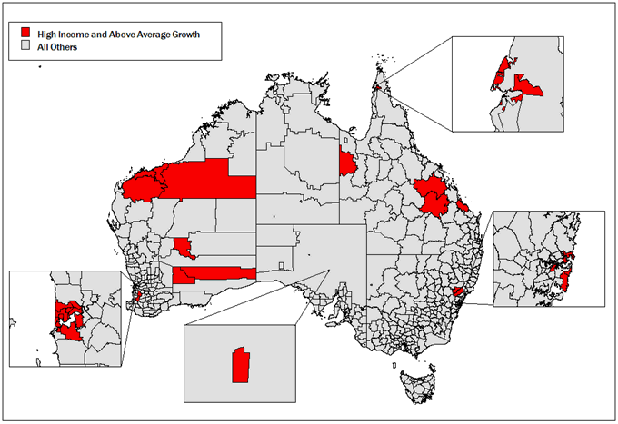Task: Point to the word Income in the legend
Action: pyautogui.click(x=71, y=35)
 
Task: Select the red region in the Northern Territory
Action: pyautogui.click(x=346, y=163)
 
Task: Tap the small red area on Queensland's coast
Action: pyautogui.click(x=463, y=206)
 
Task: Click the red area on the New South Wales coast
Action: pyautogui.click(x=459, y=292)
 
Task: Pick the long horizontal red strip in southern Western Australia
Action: pyautogui.click(x=218, y=273)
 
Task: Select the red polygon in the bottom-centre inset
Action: pyautogui.click(x=241, y=365)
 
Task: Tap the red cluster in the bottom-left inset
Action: pyautogui.click(x=67, y=317)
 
